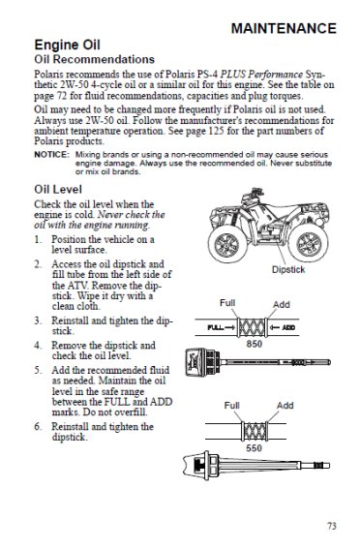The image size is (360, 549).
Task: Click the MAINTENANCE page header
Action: (x=284, y=29)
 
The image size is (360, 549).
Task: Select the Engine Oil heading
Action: (x=67, y=46)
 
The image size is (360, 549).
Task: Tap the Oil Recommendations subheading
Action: (x=95, y=59)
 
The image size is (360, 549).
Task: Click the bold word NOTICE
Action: (x=51, y=154)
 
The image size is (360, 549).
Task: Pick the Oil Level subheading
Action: (x=58, y=190)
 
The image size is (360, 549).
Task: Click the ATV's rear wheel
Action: (x=308, y=242)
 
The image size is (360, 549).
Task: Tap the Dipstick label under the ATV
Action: (x=288, y=269)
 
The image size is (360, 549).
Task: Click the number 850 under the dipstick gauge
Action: (x=254, y=344)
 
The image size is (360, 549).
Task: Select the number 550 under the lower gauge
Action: (x=254, y=447)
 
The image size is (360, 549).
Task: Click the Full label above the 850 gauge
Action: (x=227, y=303)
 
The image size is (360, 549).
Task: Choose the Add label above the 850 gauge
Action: (x=282, y=304)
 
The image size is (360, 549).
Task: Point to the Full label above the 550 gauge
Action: (x=231, y=406)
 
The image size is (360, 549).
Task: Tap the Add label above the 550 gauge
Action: (x=285, y=406)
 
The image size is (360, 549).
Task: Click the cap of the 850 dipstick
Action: (x=202, y=362)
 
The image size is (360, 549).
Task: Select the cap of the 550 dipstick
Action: (x=200, y=466)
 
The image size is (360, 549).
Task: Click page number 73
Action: (x=332, y=526)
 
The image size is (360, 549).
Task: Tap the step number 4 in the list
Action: (x=37, y=346)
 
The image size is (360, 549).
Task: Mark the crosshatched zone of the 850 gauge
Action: (x=252, y=327)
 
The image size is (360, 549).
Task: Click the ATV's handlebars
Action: (x=254, y=193)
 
